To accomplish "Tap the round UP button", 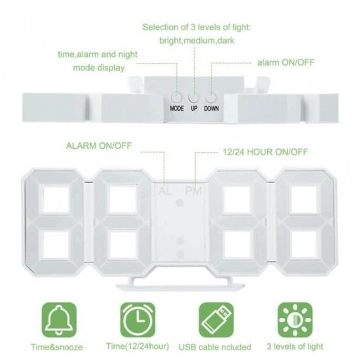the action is click(194, 97).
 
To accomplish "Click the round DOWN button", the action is click(211, 97).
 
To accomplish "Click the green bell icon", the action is click(59, 320).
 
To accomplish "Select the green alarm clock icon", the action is click(138, 320).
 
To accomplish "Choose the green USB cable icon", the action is click(216, 320).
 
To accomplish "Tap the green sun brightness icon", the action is click(295, 320).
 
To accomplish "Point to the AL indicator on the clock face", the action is click(165, 191).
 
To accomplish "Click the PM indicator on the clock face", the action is click(194, 191).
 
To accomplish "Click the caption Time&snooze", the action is click(56, 347).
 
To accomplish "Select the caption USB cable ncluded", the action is click(215, 347).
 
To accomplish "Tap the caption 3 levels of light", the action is click(295, 346).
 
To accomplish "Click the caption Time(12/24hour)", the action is click(138, 346).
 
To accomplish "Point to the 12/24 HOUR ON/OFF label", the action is click(265, 152).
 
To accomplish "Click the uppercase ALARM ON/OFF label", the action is click(99, 146).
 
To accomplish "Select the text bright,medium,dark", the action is click(197, 41).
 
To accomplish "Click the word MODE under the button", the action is click(177, 108).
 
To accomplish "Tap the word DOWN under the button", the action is click(212, 108).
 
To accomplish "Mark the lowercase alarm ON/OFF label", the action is click(286, 62).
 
